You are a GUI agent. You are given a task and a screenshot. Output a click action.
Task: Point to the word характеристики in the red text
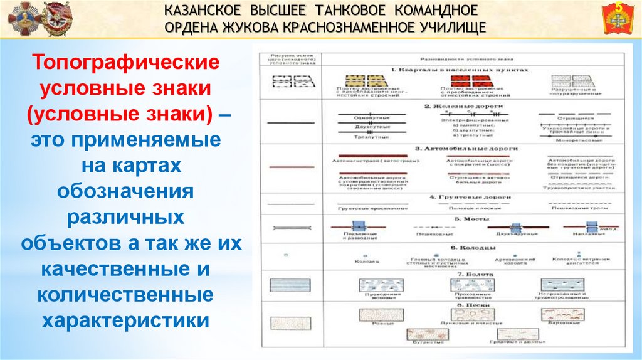(125, 320)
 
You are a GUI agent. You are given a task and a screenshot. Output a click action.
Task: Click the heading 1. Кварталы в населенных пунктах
(460, 70)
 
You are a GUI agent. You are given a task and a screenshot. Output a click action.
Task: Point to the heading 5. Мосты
(466, 219)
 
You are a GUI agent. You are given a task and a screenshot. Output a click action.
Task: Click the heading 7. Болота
(466, 274)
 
